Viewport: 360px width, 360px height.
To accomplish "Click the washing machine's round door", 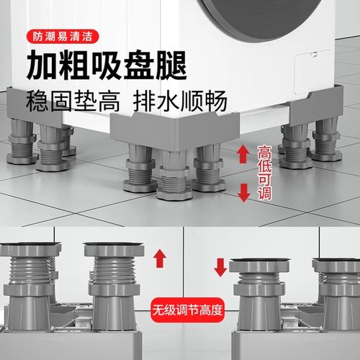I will [288, 29].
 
